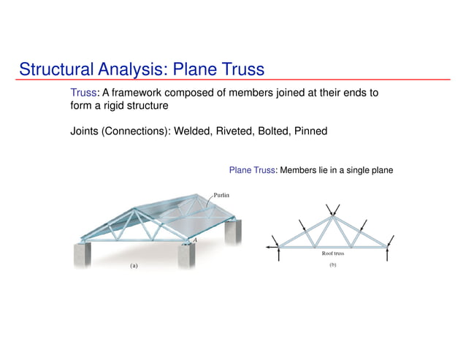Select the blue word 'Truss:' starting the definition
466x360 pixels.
click(x=83, y=93)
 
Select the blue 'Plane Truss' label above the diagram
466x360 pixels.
click(x=252, y=170)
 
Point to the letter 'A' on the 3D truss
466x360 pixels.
click(x=195, y=239)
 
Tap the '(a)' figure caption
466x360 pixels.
click(x=134, y=267)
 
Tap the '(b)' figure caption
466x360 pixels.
click(x=332, y=265)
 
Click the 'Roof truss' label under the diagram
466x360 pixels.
click(x=332, y=254)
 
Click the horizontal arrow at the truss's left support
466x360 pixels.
click(x=273, y=248)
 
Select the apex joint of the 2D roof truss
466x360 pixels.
click(x=332, y=215)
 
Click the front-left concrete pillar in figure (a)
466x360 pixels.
click(x=83, y=256)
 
